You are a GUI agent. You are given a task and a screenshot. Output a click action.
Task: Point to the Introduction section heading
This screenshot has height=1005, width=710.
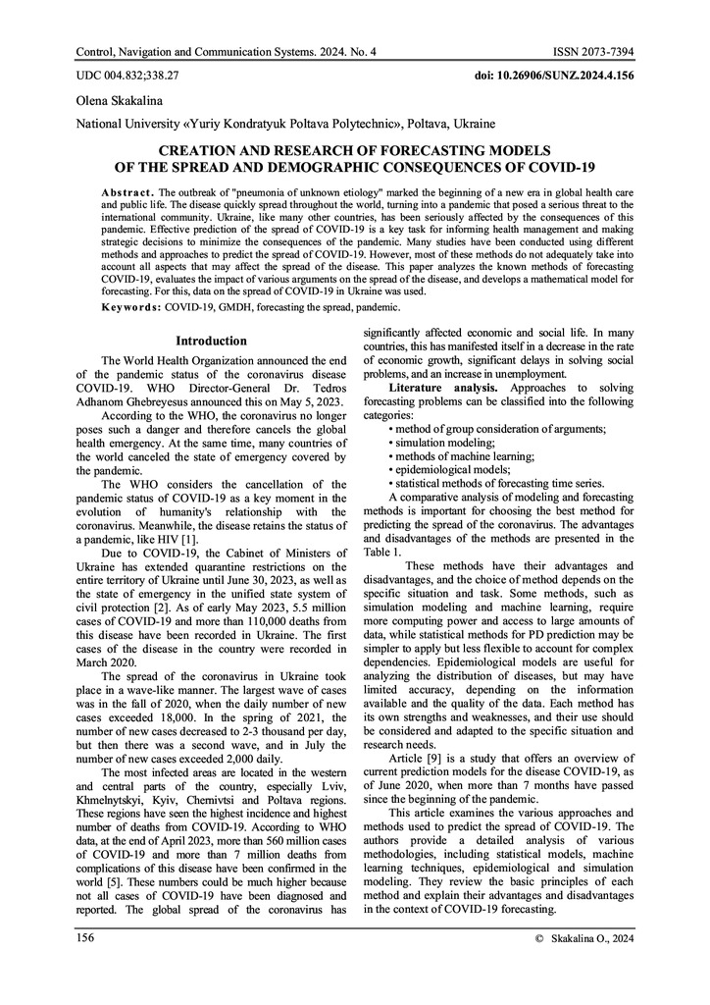click(x=210, y=341)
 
